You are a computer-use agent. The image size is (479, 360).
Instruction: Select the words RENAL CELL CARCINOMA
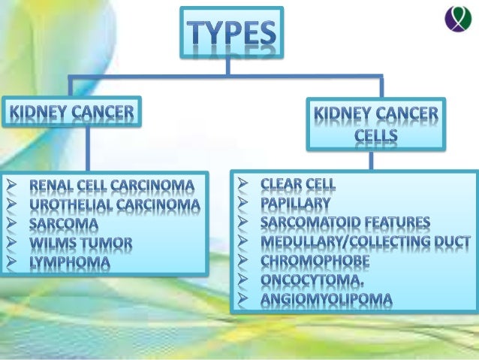pyautogui.click(x=111, y=185)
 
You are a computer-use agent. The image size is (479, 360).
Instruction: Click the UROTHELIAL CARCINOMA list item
pyautogui.click(x=115, y=204)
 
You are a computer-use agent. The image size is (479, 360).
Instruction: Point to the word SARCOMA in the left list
pyautogui.click(x=58, y=224)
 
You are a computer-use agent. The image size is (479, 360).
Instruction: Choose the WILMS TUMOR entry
pyautogui.click(x=81, y=244)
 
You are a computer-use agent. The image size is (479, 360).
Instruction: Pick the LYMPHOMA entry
pyautogui.click(x=70, y=263)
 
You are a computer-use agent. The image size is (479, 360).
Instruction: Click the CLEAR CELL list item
pyautogui.click(x=298, y=183)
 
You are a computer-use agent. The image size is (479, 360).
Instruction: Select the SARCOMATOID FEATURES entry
pyautogui.click(x=345, y=222)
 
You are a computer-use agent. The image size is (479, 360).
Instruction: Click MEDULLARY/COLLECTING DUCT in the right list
pyautogui.click(x=366, y=242)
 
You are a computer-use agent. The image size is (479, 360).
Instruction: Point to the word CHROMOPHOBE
pyautogui.click(x=315, y=262)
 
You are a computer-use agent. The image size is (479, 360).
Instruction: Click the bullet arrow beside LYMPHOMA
pyautogui.click(x=9, y=263)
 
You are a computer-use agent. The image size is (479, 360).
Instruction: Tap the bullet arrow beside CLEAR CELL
pyautogui.click(x=241, y=183)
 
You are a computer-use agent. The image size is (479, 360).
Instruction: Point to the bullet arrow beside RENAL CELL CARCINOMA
pyautogui.click(x=9, y=185)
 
